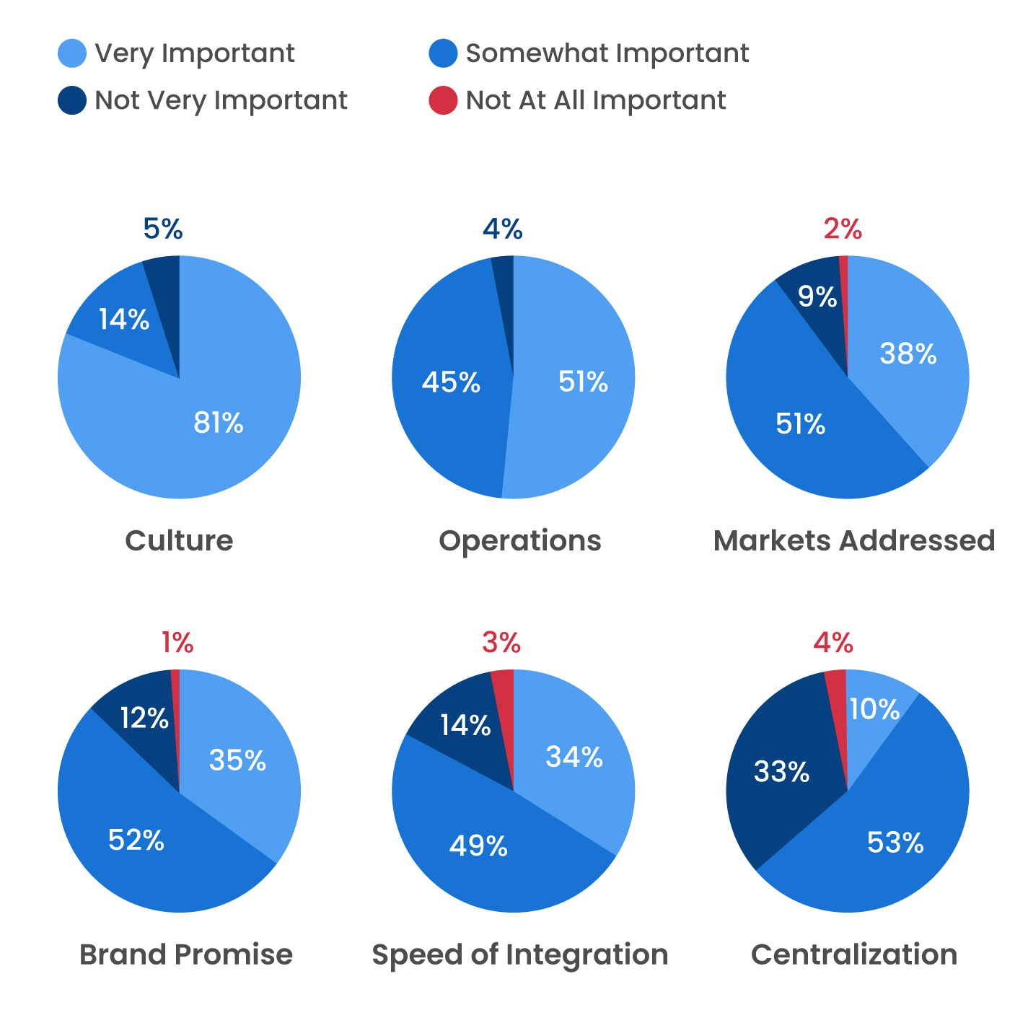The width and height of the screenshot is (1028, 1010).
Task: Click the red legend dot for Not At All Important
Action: pyautogui.click(x=443, y=100)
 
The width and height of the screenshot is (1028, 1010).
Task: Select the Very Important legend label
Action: pyautogui.click(x=195, y=53)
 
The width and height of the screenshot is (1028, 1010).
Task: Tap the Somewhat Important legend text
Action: pyautogui.click(x=607, y=53)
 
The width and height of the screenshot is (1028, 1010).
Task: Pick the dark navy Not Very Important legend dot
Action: pyautogui.click(x=72, y=100)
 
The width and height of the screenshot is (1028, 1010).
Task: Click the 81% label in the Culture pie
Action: pyautogui.click(x=219, y=423)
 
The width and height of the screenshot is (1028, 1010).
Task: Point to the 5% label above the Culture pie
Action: pyautogui.click(x=163, y=229)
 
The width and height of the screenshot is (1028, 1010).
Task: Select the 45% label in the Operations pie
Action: pyautogui.click(x=451, y=382)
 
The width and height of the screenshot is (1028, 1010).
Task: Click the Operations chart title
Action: pyautogui.click(x=519, y=540)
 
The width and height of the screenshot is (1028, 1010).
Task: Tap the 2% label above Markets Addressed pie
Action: pyautogui.click(x=843, y=229)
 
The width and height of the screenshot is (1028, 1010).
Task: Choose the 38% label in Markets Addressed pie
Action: pyautogui.click(x=908, y=353)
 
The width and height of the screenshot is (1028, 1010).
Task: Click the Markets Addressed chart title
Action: pyautogui.click(x=854, y=540)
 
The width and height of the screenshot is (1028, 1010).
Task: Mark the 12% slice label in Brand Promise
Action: pyautogui.click(x=144, y=718)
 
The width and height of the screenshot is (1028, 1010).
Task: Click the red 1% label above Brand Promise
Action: pyautogui.click(x=177, y=642)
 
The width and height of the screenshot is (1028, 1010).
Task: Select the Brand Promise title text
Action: pyautogui.click(x=186, y=954)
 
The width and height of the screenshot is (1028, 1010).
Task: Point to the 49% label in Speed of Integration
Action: pyautogui.click(x=478, y=846)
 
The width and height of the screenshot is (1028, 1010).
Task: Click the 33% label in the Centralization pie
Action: pyautogui.click(x=781, y=772)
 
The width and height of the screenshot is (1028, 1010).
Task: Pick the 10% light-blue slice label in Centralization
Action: pyautogui.click(x=874, y=709)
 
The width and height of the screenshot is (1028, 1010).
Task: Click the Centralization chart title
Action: pyautogui.click(x=854, y=954)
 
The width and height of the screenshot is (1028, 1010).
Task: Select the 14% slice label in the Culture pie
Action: pyautogui.click(x=124, y=319)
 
